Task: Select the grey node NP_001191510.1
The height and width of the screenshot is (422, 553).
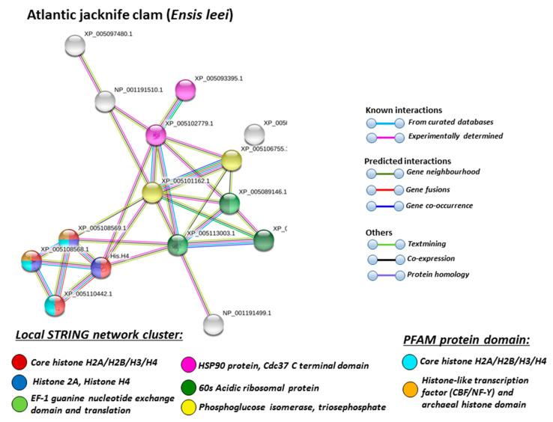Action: (x=105, y=100)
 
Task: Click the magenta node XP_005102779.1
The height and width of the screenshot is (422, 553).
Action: (x=155, y=135)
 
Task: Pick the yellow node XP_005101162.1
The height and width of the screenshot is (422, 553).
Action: (x=153, y=192)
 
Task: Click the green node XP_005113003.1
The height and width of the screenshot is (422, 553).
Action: (x=177, y=244)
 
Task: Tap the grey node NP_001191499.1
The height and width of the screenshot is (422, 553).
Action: (x=214, y=324)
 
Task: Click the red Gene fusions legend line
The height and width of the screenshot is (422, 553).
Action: (x=384, y=189)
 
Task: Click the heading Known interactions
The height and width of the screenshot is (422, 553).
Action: (x=402, y=110)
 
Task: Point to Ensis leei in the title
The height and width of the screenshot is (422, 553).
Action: (x=199, y=14)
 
